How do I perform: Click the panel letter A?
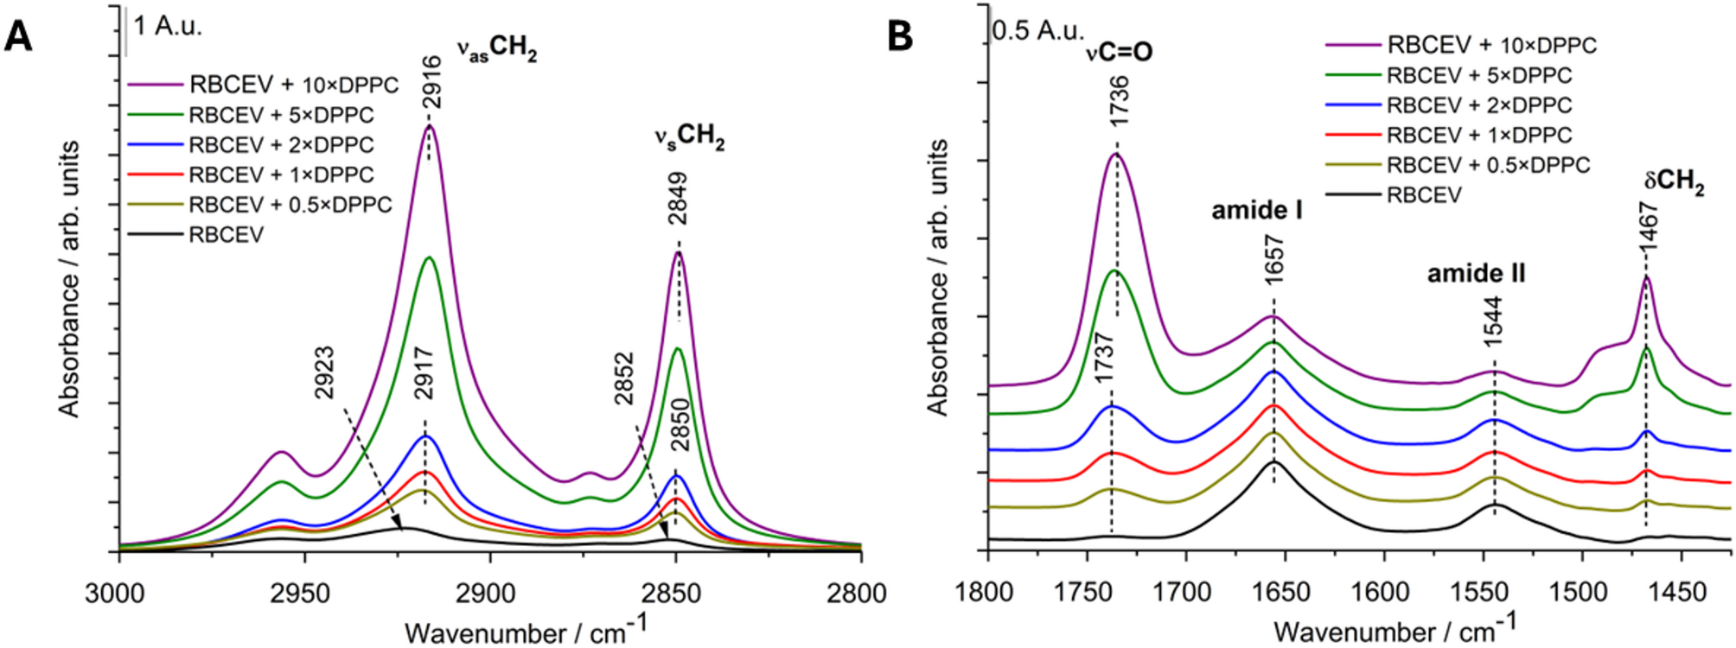pyautogui.click(x=18, y=36)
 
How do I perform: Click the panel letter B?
pyautogui.click(x=900, y=36)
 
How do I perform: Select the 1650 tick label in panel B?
pyautogui.click(x=1283, y=594)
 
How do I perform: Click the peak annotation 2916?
pyautogui.click(x=433, y=82)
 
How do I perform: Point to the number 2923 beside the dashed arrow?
pyautogui.click(x=324, y=373)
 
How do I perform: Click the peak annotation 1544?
pyautogui.click(x=1493, y=321)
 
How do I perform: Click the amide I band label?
pyautogui.click(x=1257, y=210)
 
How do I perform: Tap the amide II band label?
pyautogui.click(x=1476, y=274)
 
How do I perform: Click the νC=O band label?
pyautogui.click(x=1120, y=53)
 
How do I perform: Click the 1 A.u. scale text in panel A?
pyautogui.click(x=168, y=27)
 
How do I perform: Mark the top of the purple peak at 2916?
pyautogui.click(x=429, y=126)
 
